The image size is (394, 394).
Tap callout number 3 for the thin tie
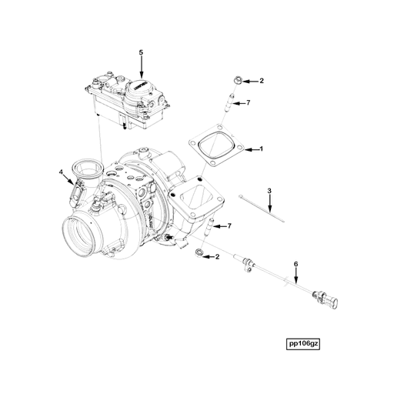(x=269, y=189)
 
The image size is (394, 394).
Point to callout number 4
(x=62, y=172)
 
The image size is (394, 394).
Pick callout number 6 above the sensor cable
(x=295, y=264)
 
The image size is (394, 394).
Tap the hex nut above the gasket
(x=238, y=79)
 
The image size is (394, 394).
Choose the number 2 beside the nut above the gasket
(x=261, y=80)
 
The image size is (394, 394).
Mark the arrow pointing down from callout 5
(x=141, y=65)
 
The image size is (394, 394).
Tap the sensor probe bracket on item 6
(x=246, y=266)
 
